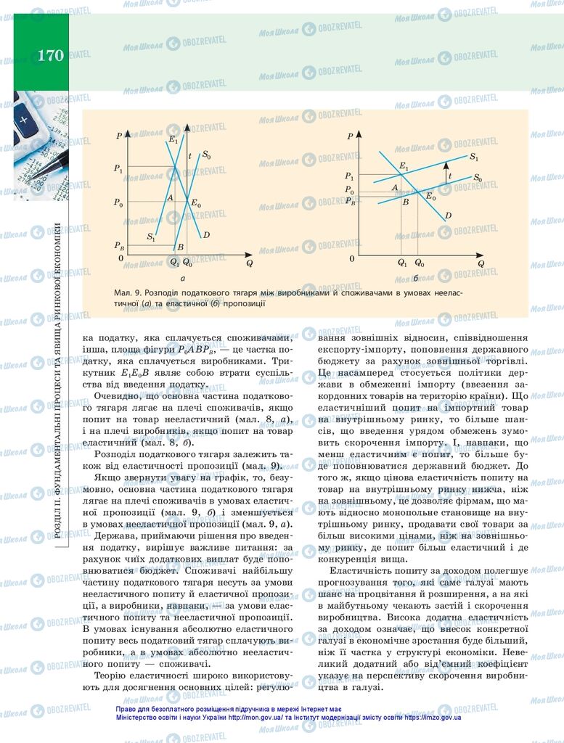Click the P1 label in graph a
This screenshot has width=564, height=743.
(x=118, y=168)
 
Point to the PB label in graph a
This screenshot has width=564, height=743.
(x=118, y=247)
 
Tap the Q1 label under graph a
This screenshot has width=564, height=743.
(x=173, y=262)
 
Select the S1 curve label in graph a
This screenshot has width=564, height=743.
(x=150, y=237)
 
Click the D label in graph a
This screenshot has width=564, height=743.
(x=206, y=234)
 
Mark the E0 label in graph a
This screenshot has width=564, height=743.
(x=196, y=205)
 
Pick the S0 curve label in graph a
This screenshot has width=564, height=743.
(x=207, y=155)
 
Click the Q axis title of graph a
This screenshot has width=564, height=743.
(x=248, y=263)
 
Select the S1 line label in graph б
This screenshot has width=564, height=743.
(x=473, y=157)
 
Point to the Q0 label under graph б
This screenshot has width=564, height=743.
(x=419, y=262)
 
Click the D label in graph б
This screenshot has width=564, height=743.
(x=448, y=215)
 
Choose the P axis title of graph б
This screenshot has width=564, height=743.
(x=350, y=136)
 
